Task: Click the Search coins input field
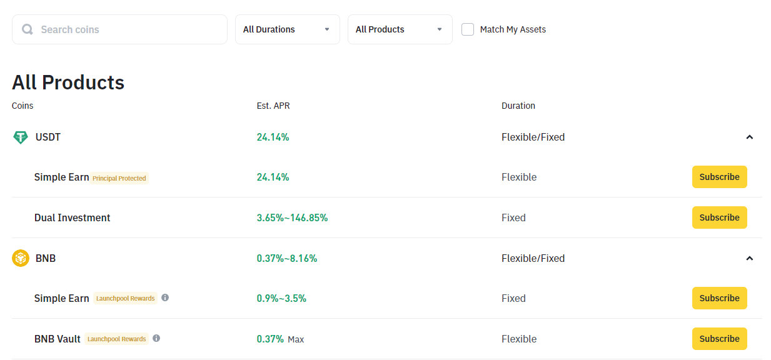119,29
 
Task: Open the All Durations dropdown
288,29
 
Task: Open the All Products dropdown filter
400,29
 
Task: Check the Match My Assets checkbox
468,29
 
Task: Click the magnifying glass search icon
28,29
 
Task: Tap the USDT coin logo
20,137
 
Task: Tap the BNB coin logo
20,258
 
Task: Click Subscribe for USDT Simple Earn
719,177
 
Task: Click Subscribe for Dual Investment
719,217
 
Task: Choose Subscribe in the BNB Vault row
719,339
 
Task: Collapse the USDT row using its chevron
749,137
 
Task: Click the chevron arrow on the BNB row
749,258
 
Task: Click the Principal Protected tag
119,178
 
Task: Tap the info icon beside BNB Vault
156,338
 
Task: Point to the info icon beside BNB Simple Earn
165,297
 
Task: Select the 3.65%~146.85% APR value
292,217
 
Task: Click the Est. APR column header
273,106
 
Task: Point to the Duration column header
518,106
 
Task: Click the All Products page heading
68,82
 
